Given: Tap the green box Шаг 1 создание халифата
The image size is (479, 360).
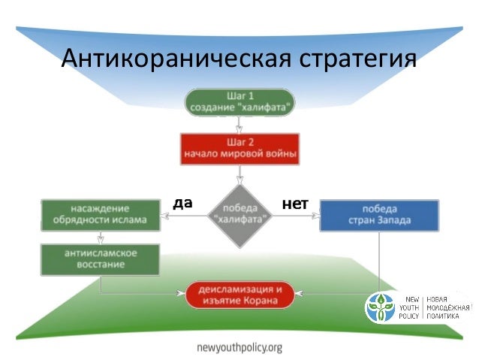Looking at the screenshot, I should pos(239,101).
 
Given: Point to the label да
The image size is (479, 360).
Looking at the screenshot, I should pos(182,202).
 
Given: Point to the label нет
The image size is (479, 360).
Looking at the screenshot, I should pos(295,203).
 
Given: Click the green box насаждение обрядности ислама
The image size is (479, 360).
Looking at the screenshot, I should pos(101,214).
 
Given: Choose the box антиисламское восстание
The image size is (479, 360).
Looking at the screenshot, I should pos(100,259).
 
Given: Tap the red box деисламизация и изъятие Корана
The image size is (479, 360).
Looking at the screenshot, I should pos(239,294).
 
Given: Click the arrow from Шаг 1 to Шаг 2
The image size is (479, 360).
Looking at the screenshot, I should pos(239,125).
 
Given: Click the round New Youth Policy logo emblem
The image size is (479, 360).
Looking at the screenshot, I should pos(382,307).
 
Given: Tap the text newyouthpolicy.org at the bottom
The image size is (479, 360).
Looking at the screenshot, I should pos(239,347).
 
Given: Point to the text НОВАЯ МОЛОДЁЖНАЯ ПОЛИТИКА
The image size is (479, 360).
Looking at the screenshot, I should pos(447,307).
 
